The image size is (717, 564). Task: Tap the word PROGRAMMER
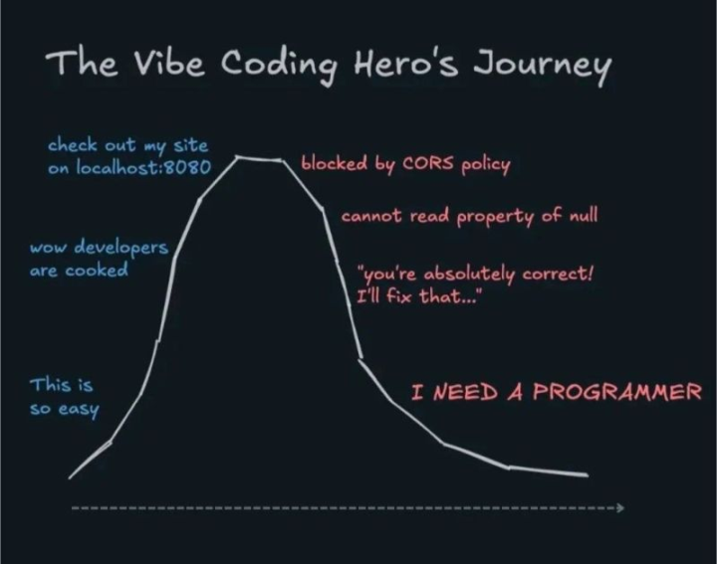(x=617, y=391)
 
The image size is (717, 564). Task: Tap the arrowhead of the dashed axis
(x=619, y=507)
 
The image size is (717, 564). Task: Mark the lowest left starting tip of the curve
(x=70, y=477)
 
